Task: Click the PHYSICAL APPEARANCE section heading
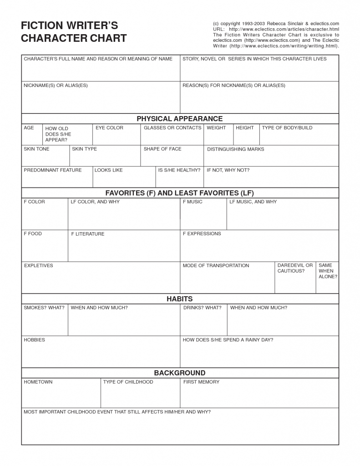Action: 180,119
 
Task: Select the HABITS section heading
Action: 180,299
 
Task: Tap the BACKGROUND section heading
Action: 180,373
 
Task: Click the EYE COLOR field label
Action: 109,128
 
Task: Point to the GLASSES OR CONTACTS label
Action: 172,128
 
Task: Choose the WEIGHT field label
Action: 216,128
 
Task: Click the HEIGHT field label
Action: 245,128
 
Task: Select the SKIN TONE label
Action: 36,149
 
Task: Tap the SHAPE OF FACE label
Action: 162,149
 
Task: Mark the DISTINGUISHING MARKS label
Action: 235,149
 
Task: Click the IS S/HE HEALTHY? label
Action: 179,170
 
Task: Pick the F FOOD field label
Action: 33,233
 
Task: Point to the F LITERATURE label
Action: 87,234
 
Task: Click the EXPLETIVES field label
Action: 38,266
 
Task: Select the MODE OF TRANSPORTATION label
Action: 216,266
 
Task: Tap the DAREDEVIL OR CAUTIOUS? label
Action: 295,268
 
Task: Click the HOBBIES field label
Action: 34,340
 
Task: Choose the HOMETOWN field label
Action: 38,382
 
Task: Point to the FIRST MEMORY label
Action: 201,382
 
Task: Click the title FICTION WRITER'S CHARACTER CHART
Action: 74,32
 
